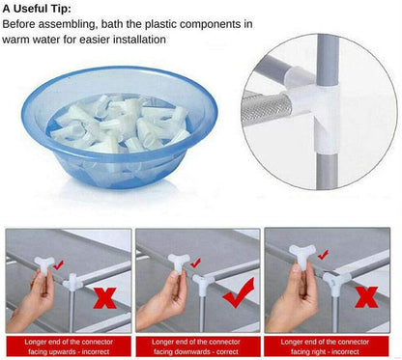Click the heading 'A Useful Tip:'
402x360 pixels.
(x=37, y=9)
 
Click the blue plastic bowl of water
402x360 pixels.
(x=119, y=127)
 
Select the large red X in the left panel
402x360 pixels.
(x=105, y=298)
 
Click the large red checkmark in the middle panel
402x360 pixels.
(x=239, y=292)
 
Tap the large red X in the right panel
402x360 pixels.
(x=366, y=297)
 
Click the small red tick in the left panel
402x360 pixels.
(x=59, y=265)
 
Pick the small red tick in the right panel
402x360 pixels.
(x=323, y=255)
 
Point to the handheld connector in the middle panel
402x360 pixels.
(x=178, y=262)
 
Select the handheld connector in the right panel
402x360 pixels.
(x=301, y=253)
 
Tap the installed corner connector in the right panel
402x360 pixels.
(x=336, y=283)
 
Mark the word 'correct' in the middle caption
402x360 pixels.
(x=227, y=351)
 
